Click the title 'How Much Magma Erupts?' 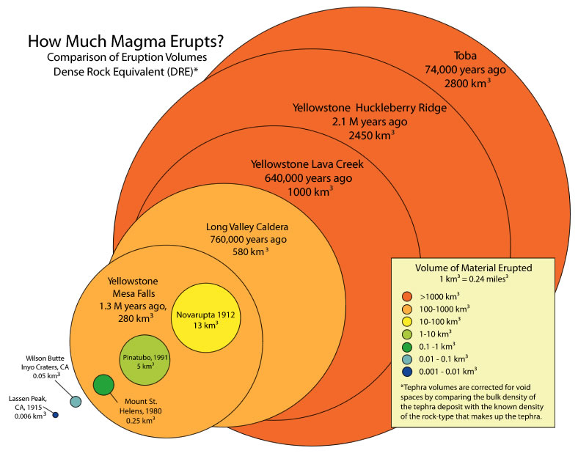pyautogui.click(x=125, y=41)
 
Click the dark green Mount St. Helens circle pyautogui.click(x=104, y=384)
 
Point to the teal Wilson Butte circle pyautogui.click(x=75, y=401)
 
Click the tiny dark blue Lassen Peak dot pyautogui.click(x=55, y=415)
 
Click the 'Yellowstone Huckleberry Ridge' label pyautogui.click(x=369, y=108)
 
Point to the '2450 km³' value pyautogui.click(x=370, y=136)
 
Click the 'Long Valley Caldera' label pyautogui.click(x=246, y=226)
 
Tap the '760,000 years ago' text pyautogui.click(x=246, y=239)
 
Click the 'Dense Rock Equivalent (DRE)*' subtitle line pyautogui.click(x=125, y=70)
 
